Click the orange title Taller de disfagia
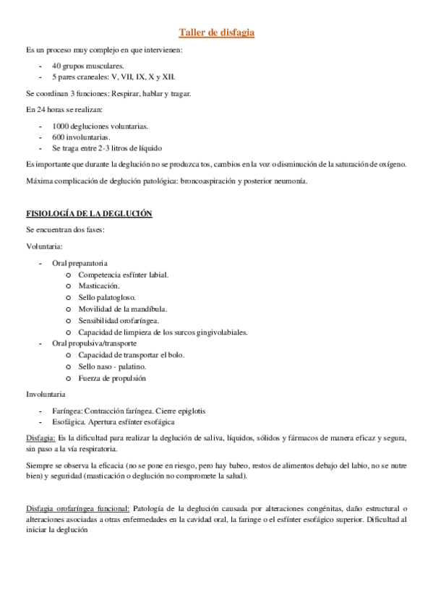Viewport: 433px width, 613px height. [x=216, y=33]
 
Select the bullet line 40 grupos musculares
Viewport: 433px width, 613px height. [x=82, y=65]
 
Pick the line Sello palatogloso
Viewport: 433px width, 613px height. [x=107, y=297]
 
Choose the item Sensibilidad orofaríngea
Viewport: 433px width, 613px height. [x=119, y=320]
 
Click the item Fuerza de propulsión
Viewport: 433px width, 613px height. [x=112, y=378]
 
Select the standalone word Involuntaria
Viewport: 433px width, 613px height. [x=46, y=395]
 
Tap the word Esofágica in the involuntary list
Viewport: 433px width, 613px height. [x=70, y=421]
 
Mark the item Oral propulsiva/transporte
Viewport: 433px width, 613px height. [x=94, y=343]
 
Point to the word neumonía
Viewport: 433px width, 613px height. [x=291, y=181]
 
